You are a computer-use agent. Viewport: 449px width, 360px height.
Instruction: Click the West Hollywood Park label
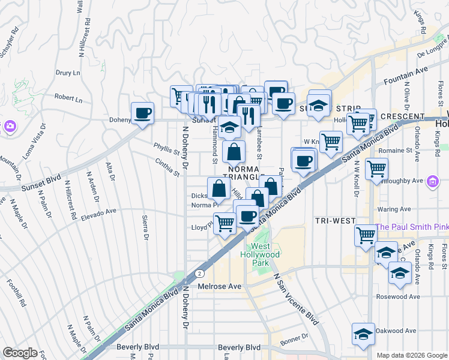(x=265, y=254)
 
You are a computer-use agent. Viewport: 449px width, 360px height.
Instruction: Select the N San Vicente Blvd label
(x=295, y=299)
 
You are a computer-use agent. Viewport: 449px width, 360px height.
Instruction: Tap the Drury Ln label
(x=68, y=73)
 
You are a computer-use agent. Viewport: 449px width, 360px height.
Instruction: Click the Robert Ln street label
(x=68, y=97)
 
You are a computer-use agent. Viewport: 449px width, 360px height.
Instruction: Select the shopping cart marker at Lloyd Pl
(x=224, y=223)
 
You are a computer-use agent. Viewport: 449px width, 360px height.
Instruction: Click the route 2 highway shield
(x=199, y=273)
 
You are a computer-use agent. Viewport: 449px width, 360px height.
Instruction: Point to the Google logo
(x=20, y=353)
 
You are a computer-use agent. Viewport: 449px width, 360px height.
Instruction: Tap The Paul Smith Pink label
(x=412, y=227)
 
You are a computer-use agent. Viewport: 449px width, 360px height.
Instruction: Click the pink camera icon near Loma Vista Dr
(x=9, y=126)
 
